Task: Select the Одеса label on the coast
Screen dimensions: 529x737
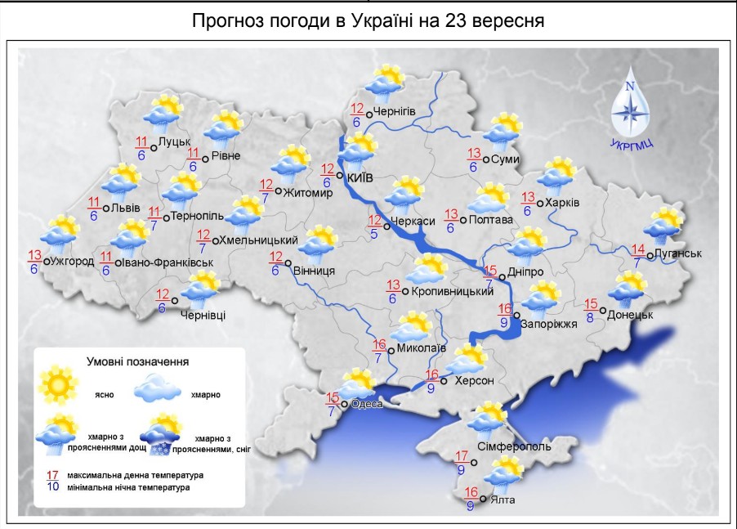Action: tap(367, 404)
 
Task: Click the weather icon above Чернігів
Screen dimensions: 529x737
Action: tap(384, 83)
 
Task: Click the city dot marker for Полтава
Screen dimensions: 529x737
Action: tap(463, 220)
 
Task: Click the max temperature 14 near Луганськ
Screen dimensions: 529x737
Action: tap(638, 249)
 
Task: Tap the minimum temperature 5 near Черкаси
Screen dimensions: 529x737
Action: tap(373, 234)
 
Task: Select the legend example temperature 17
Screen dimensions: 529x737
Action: tap(52, 475)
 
